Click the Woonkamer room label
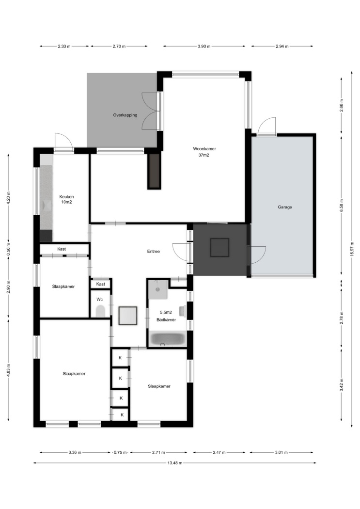[204, 149]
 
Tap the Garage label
[285, 207]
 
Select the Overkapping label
[125, 115]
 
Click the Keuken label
[66, 197]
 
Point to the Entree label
[154, 251]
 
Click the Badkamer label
[166, 320]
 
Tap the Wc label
[99, 299]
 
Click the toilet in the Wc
[101, 311]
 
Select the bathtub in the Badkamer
[167, 339]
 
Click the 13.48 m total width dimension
[175, 463]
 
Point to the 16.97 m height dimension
[352, 249]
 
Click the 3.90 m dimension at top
[204, 47]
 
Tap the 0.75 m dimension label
[120, 452]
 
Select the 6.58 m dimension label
[342, 205]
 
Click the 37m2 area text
[203, 155]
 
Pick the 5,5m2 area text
[166, 313]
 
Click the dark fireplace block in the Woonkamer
[154, 171]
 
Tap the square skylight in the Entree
[128, 316]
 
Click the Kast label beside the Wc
[101, 284]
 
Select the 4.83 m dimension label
[9, 370]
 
